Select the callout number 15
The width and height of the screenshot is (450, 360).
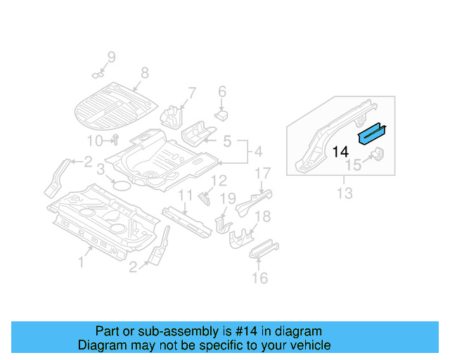[x=353, y=165]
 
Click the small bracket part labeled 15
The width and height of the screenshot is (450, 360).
[x=376, y=155]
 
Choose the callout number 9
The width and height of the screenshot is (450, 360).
[x=110, y=57]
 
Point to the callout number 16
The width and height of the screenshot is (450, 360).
[x=259, y=278]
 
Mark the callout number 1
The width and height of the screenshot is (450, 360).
[x=81, y=262]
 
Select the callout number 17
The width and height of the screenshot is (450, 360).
[x=262, y=174]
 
